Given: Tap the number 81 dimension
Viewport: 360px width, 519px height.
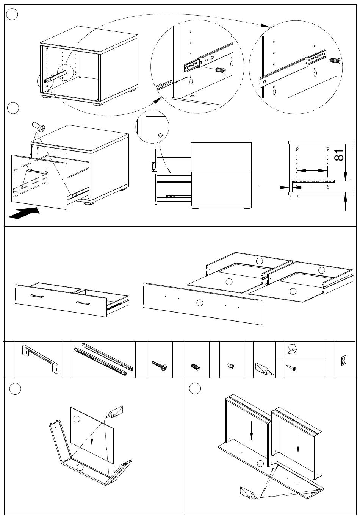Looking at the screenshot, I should [339, 155].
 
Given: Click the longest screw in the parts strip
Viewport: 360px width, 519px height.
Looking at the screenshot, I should [160, 366].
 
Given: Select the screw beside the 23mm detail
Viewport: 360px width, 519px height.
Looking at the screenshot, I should [220, 70].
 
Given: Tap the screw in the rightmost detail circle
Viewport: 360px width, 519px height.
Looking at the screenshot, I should [335, 60].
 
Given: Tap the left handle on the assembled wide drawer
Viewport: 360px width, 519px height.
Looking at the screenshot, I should [36, 296].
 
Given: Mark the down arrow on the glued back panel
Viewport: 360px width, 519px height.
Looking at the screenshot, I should [92, 430].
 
